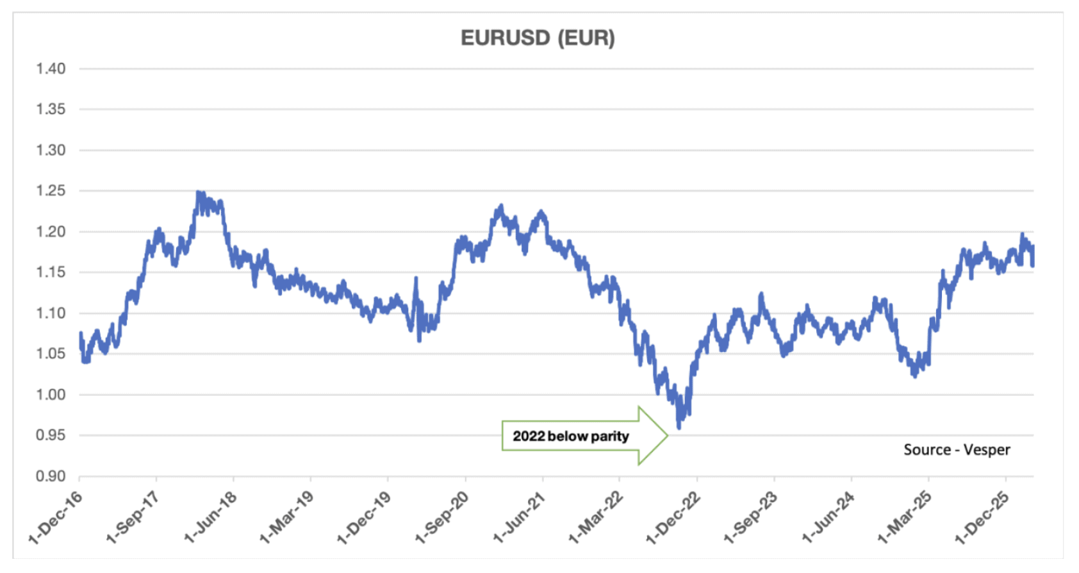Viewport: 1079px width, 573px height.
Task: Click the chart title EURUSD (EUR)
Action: click(538, 38)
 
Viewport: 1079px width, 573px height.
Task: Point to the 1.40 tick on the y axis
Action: click(51, 69)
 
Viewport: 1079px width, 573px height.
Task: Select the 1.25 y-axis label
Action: click(51, 191)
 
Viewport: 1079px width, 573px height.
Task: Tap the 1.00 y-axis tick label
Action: click(51, 395)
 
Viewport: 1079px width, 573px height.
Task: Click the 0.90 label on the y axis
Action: click(51, 476)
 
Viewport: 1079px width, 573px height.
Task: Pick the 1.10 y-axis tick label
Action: click(51, 313)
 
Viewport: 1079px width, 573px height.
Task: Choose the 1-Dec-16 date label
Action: click(56, 517)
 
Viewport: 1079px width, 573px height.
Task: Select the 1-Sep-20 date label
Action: click(442, 517)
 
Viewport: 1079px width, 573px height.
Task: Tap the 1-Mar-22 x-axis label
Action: click(597, 517)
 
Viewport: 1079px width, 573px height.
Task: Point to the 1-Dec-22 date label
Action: click(674, 517)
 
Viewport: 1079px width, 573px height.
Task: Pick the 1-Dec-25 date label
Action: click(983, 517)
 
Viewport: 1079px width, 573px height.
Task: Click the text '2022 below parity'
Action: click(570, 436)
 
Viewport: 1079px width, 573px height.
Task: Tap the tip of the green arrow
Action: click(668, 436)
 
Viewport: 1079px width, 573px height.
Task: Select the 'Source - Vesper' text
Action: click(957, 450)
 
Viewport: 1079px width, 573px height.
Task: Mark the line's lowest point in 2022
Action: click(679, 427)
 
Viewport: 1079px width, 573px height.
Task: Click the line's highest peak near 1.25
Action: click(198, 192)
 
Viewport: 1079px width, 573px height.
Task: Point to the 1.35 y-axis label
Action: click(51, 110)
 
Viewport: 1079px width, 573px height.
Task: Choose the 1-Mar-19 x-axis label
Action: click(288, 517)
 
